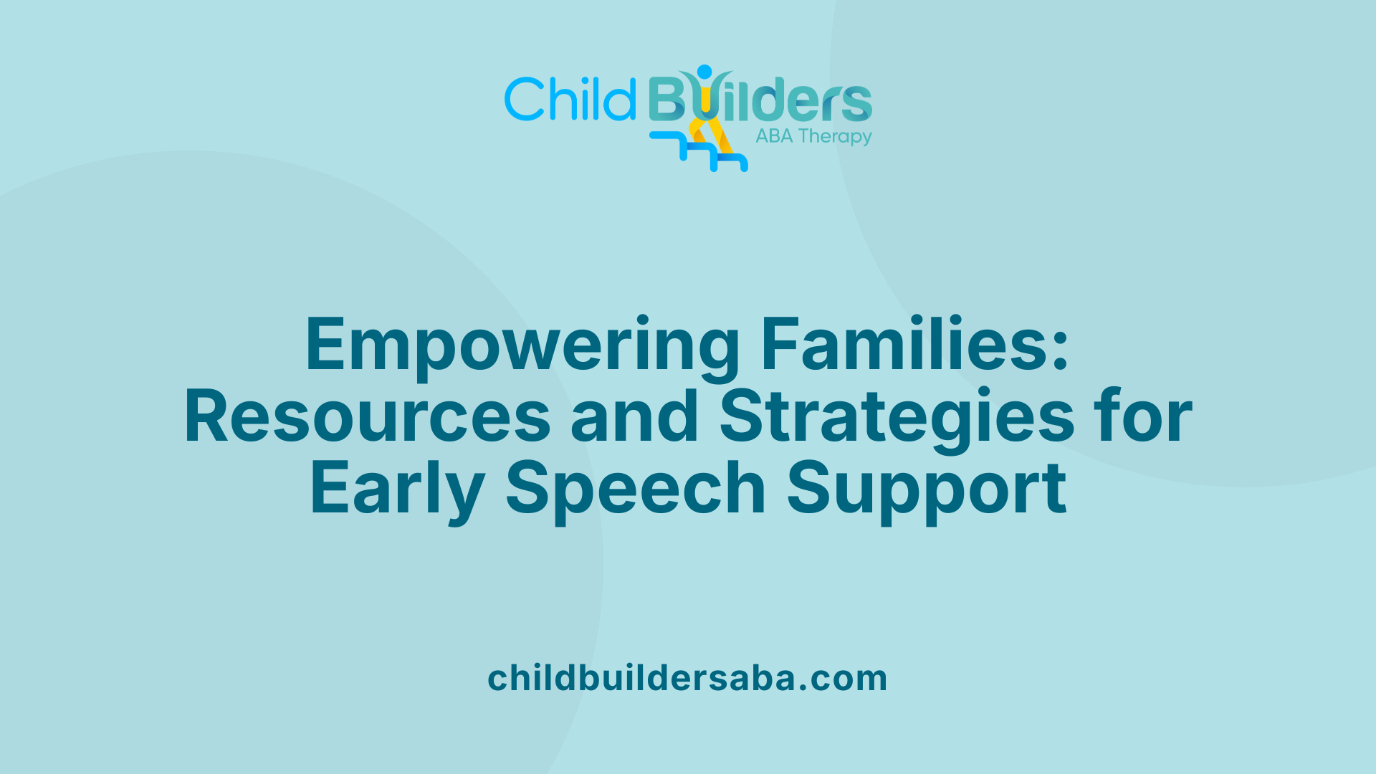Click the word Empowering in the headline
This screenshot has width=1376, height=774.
click(x=522, y=345)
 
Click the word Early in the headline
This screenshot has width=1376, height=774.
click(x=397, y=490)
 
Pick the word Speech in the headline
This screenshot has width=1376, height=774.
click(x=636, y=490)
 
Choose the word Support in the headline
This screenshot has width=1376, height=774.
click(x=927, y=490)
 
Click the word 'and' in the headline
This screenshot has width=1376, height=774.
click(x=634, y=417)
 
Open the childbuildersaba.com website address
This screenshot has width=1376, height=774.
click(x=687, y=678)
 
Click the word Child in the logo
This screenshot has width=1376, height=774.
click(x=570, y=99)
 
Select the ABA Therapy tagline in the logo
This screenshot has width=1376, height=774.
click(x=813, y=136)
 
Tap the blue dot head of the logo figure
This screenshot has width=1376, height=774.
click(x=704, y=72)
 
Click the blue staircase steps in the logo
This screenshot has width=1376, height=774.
click(x=699, y=152)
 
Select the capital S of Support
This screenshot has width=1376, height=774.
click(x=812, y=489)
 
